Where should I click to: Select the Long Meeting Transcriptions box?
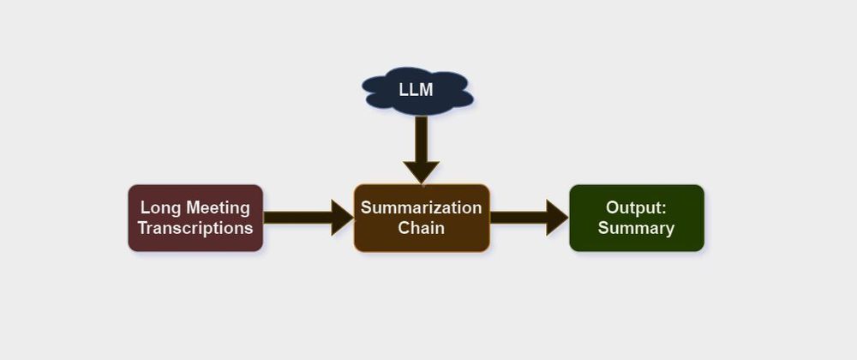[x=195, y=218]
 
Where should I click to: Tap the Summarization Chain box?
[x=422, y=218]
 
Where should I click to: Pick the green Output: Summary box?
[x=636, y=218]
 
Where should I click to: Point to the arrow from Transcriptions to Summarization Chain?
[x=304, y=218]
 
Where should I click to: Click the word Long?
[x=159, y=207]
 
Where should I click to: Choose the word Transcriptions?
[x=195, y=228]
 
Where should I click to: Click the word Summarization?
[x=422, y=207]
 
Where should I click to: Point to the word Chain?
[x=422, y=228]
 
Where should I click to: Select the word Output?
[x=636, y=207]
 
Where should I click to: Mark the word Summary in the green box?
[x=636, y=228]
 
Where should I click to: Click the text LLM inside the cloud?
[x=417, y=90]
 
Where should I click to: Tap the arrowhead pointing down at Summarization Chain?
[x=421, y=171]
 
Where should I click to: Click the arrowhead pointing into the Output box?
[x=557, y=218]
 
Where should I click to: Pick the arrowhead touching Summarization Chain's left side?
[x=342, y=218]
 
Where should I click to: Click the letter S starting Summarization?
[x=366, y=207]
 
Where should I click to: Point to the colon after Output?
[x=663, y=208]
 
